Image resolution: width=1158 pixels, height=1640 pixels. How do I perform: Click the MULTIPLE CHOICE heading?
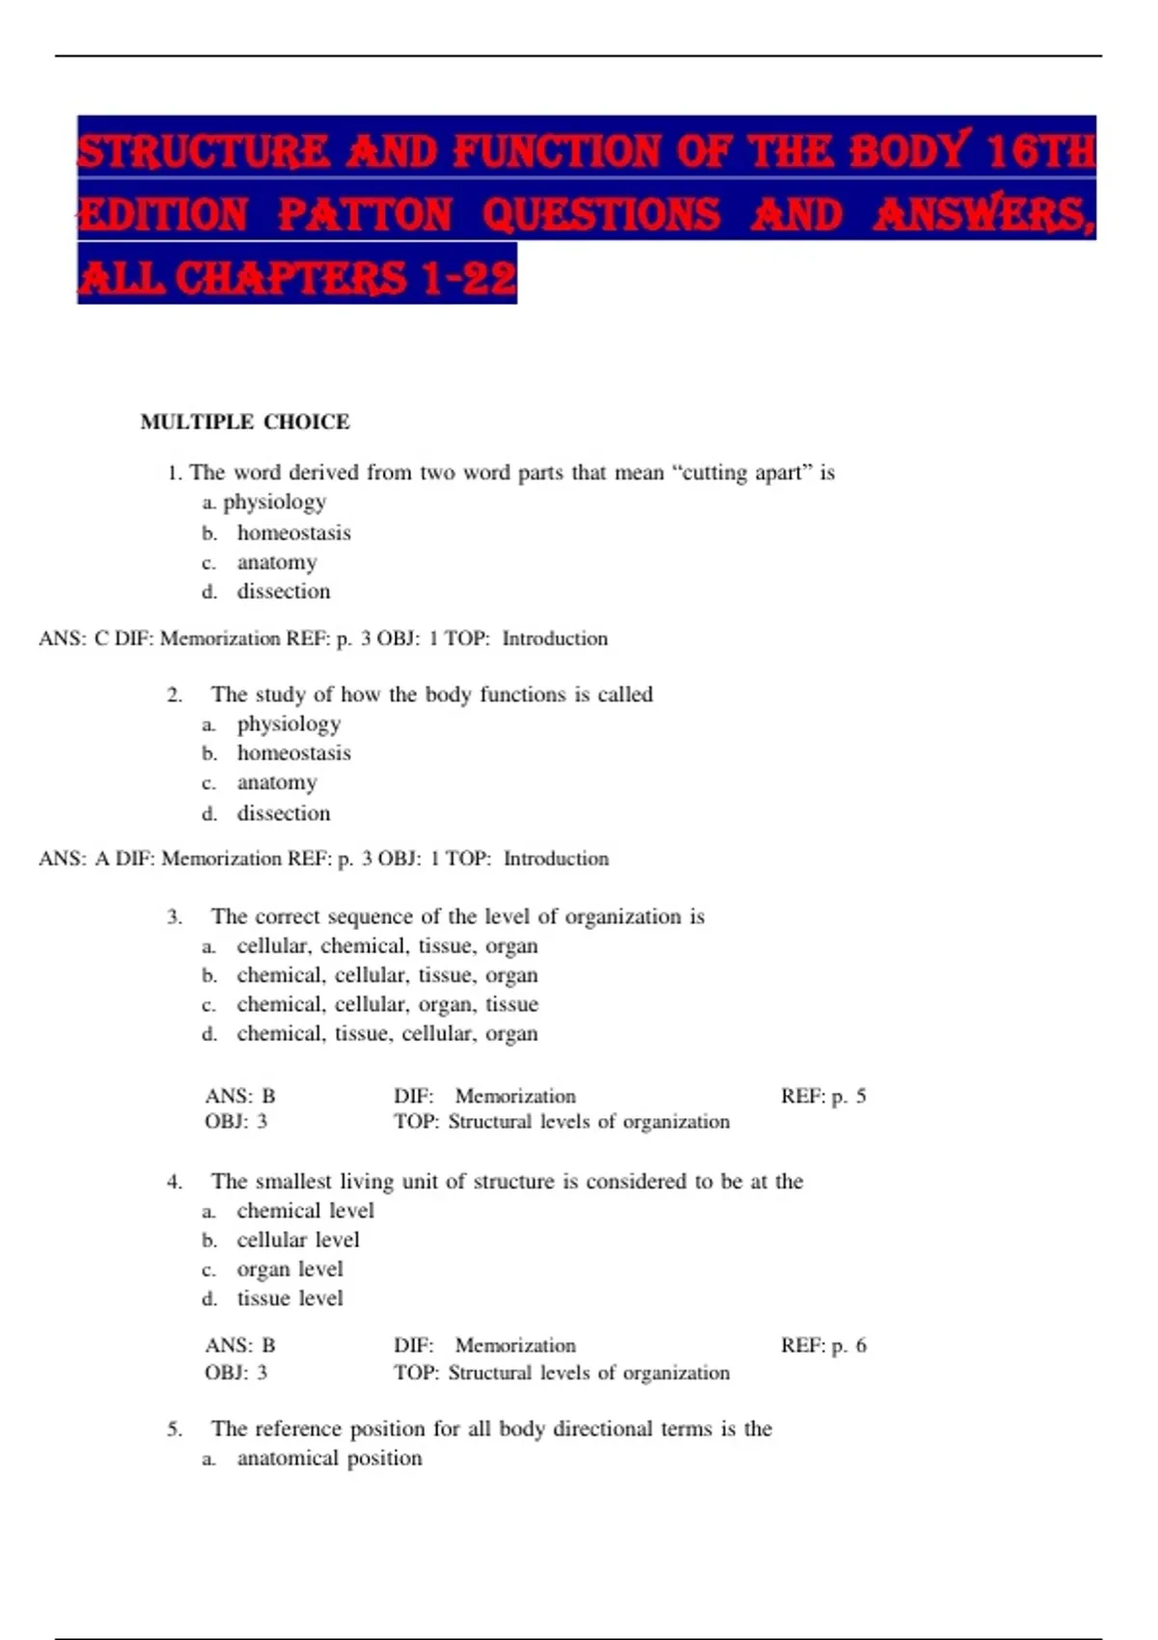point(245,422)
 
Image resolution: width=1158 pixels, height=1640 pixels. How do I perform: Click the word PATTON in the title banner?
point(365,214)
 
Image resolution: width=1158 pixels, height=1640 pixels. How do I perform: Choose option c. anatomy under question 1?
point(277,561)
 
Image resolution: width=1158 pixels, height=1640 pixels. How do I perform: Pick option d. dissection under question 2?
point(284,813)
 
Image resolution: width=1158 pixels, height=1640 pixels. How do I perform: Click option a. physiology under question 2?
point(289,724)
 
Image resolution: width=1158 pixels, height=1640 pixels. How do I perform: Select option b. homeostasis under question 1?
point(293,533)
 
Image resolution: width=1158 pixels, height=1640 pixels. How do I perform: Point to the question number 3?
point(175,916)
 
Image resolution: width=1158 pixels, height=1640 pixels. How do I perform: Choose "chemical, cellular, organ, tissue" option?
point(387,1004)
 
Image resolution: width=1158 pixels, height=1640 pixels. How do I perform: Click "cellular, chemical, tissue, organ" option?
point(387,945)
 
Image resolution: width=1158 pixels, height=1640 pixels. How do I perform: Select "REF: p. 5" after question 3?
point(823,1096)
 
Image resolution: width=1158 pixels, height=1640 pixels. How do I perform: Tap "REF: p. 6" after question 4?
point(823,1345)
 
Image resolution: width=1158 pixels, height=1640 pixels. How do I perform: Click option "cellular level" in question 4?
point(297,1240)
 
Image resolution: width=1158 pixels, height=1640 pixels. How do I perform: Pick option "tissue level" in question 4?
point(289,1298)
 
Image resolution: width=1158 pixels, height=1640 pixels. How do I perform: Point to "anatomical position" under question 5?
point(329,1458)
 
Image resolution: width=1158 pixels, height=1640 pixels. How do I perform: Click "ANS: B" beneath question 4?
point(240,1345)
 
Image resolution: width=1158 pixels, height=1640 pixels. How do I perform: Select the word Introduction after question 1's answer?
point(555,639)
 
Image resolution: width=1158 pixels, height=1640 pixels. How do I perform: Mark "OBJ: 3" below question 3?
point(235,1121)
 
